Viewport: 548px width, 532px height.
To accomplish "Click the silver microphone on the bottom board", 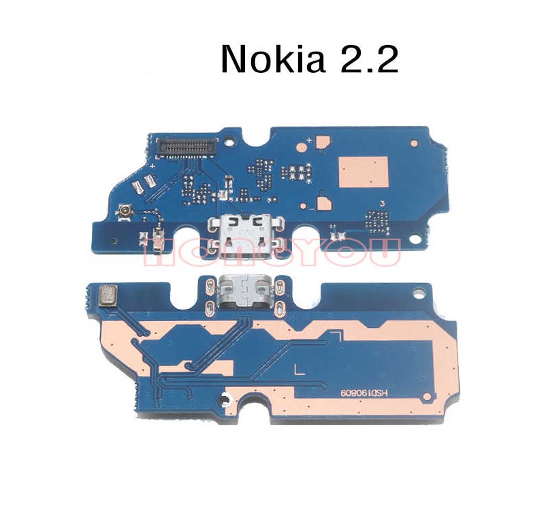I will [107, 295].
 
